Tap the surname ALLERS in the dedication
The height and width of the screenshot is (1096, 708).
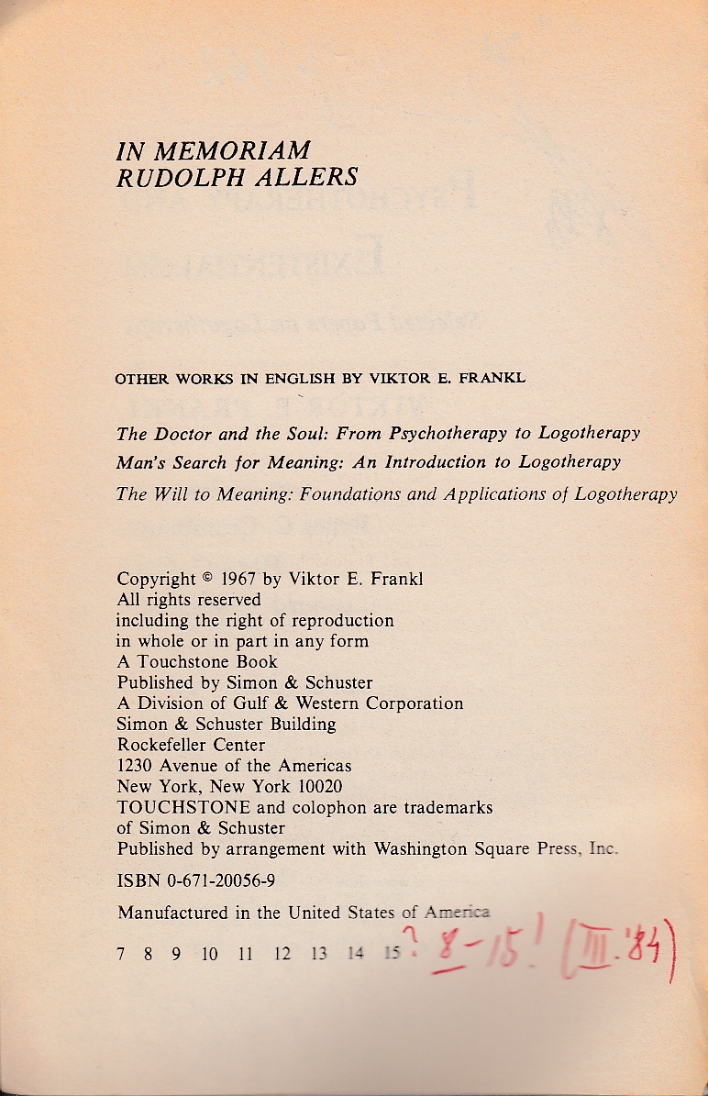coord(308,177)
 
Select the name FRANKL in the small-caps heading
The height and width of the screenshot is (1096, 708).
coord(492,378)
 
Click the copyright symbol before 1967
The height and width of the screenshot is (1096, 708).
coord(207,579)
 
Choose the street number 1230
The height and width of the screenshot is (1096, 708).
coord(135,765)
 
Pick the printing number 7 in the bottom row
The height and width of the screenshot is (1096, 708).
coord(121,954)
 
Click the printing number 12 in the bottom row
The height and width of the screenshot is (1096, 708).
coord(282,954)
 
